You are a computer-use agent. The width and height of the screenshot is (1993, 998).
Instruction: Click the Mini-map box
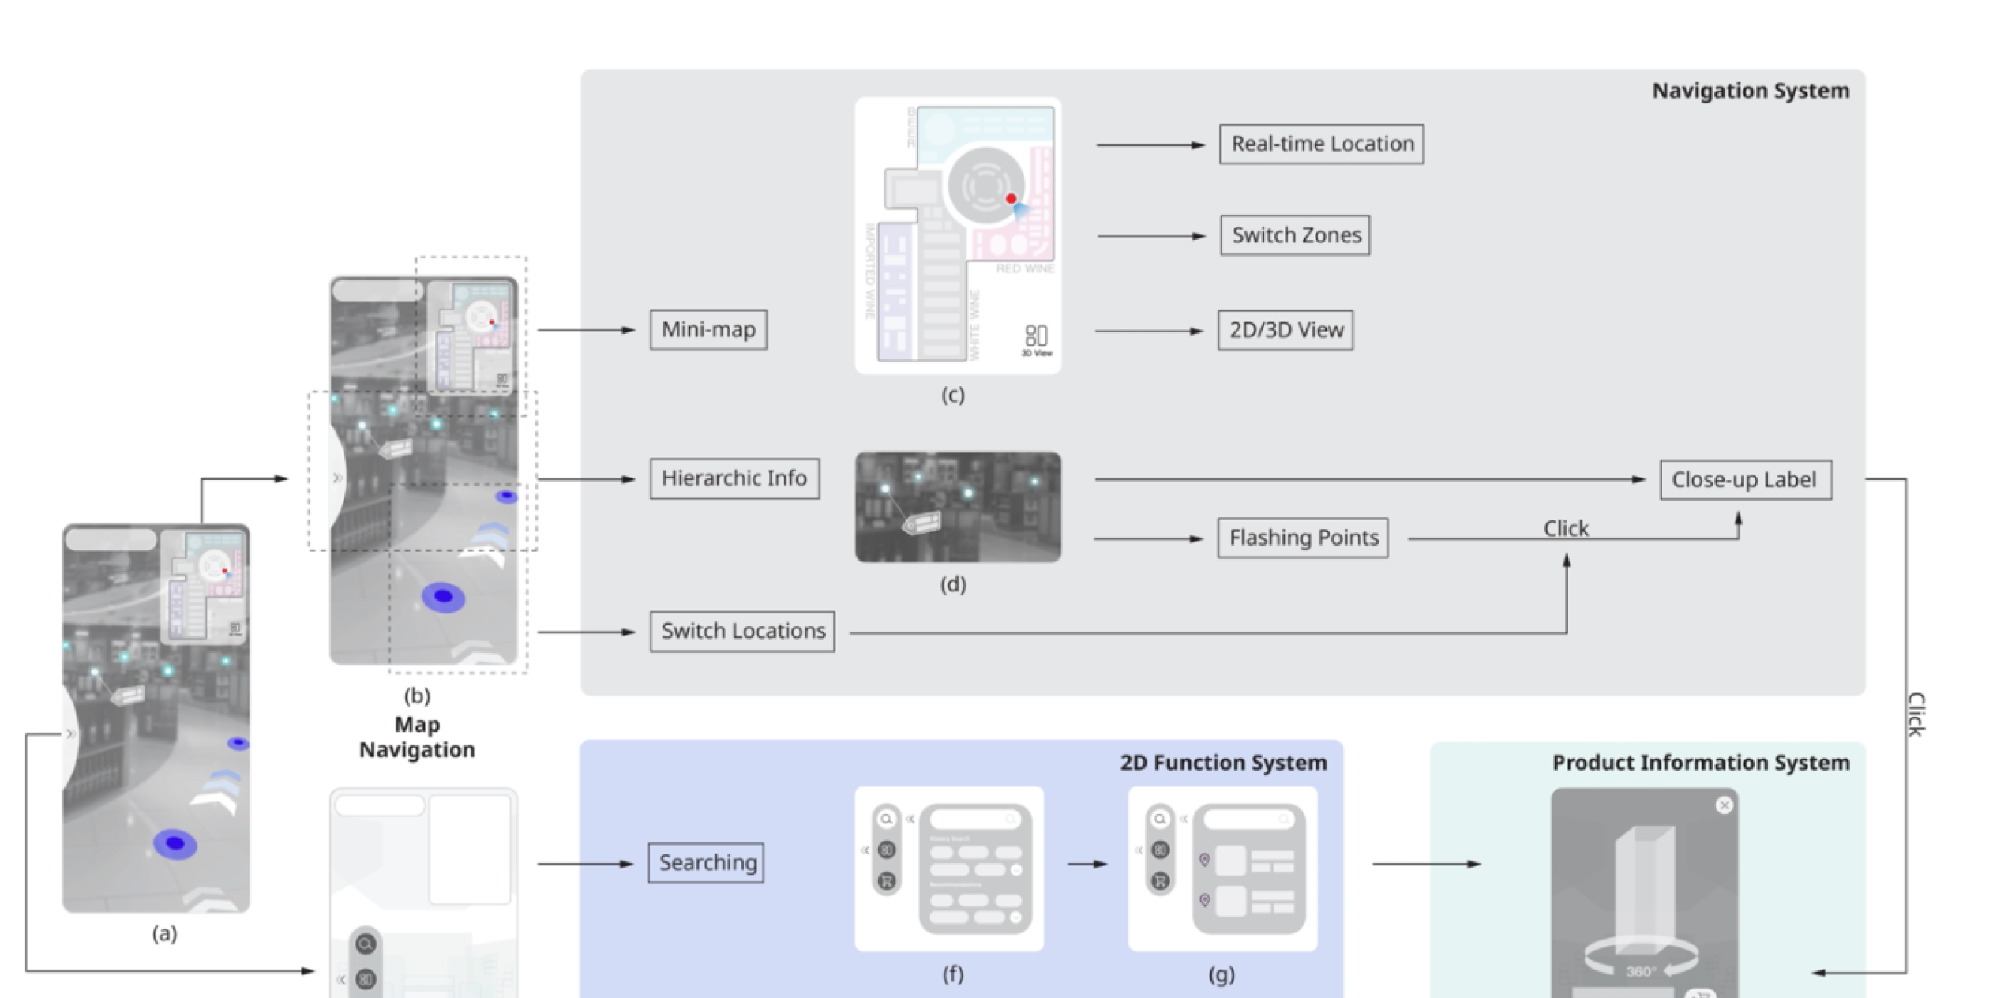tap(708, 329)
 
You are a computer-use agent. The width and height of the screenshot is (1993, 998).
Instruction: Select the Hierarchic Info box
tap(734, 478)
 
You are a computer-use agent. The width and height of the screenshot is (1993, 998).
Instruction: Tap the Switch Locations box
tap(742, 632)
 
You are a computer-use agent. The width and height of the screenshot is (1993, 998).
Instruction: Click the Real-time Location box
tap(1322, 144)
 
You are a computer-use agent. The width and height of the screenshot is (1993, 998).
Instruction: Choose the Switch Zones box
tap(1296, 235)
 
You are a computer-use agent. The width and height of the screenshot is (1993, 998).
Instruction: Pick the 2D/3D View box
tap(1286, 330)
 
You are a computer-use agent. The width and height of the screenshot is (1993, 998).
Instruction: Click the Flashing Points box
tap(1303, 538)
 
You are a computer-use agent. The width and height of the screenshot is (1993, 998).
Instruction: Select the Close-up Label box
tap(1746, 480)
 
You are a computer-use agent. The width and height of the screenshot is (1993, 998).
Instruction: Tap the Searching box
tap(706, 863)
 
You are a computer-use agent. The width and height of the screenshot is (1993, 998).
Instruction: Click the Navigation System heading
tap(1751, 91)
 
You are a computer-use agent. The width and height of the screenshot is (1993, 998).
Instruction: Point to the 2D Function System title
tap(1223, 763)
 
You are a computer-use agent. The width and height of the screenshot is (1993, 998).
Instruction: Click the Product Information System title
tap(1701, 763)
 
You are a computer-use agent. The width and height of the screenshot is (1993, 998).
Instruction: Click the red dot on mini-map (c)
tap(1011, 199)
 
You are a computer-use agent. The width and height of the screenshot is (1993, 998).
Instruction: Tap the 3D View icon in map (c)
tap(1036, 338)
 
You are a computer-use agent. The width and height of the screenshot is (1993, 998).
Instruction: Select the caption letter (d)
tap(953, 584)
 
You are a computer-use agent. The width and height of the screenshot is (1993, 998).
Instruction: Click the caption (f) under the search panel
tap(953, 974)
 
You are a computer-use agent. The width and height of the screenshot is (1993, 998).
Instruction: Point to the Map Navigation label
tap(417, 737)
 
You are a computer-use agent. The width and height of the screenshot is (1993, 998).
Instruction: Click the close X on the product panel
tap(1725, 805)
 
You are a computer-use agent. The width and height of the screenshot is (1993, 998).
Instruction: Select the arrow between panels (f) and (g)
tap(1087, 865)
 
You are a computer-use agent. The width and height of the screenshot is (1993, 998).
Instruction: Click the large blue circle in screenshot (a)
tap(175, 844)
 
